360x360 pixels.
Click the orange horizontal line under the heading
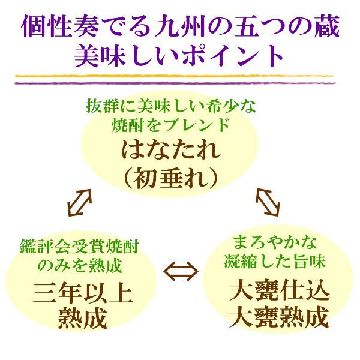[x=174, y=76]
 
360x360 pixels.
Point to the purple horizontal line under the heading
[x=175, y=83]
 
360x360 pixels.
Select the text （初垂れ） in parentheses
[x=170, y=177]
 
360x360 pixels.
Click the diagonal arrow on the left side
[x=80, y=203]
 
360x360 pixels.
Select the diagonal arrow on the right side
[x=268, y=202]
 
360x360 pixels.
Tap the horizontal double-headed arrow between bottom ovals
[x=181, y=271]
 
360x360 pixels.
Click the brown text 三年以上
[x=83, y=294]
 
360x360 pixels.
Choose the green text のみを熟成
[x=80, y=266]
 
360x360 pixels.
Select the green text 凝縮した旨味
[x=275, y=262]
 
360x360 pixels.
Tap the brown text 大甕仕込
[x=280, y=292]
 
